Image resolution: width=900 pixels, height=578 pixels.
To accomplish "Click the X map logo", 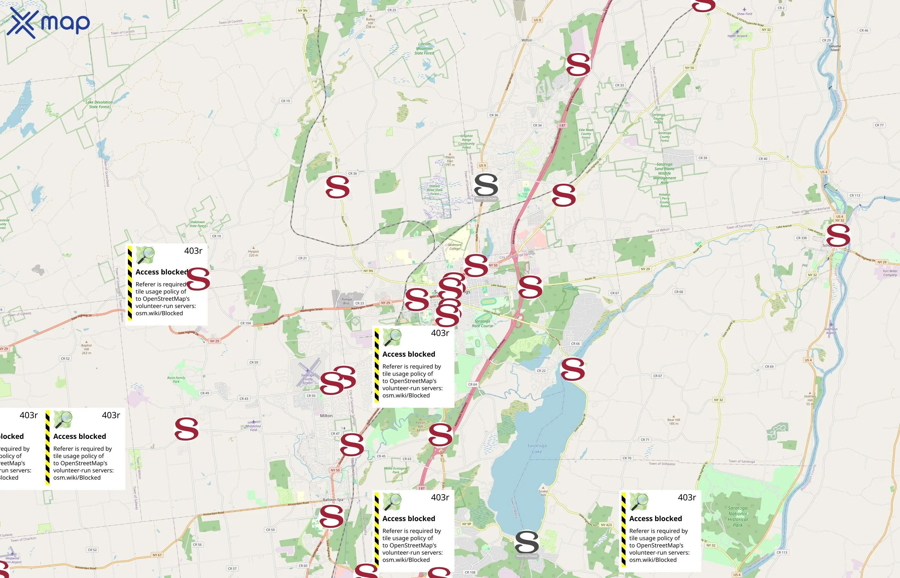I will [x=48, y=22].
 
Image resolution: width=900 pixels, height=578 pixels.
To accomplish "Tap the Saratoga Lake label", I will [x=537, y=449].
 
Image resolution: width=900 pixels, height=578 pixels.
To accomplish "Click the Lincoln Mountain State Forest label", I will [x=425, y=48].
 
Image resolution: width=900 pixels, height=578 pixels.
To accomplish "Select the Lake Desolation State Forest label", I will [x=99, y=104].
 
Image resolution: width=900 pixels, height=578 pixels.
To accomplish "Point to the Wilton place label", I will [x=526, y=40].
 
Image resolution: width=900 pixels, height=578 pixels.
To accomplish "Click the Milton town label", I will [x=326, y=416].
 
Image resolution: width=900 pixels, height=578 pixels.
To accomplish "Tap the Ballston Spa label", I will [x=333, y=500].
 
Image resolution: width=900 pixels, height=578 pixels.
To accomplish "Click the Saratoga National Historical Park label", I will [x=738, y=516].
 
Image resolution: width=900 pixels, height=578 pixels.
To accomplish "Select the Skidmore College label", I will [x=455, y=247].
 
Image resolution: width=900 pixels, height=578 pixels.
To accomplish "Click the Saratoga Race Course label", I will [x=482, y=324].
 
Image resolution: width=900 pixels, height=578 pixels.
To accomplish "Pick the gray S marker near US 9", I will [x=486, y=185].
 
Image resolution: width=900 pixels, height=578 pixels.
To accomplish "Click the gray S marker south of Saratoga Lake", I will [x=526, y=542].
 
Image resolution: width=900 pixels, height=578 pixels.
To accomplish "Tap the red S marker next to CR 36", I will [x=337, y=187].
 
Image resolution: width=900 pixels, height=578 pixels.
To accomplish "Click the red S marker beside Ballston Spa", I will [x=331, y=516].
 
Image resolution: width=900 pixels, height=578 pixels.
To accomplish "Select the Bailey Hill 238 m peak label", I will [x=370, y=23].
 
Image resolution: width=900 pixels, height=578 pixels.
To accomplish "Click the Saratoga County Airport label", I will [x=307, y=379].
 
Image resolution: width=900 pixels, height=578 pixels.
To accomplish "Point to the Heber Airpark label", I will [x=737, y=36].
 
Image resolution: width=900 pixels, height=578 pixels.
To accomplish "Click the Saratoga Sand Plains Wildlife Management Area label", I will [x=664, y=173].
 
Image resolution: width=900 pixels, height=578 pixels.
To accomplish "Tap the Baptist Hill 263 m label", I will [x=86, y=349].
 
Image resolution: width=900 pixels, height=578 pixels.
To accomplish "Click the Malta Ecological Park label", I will [x=396, y=470].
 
